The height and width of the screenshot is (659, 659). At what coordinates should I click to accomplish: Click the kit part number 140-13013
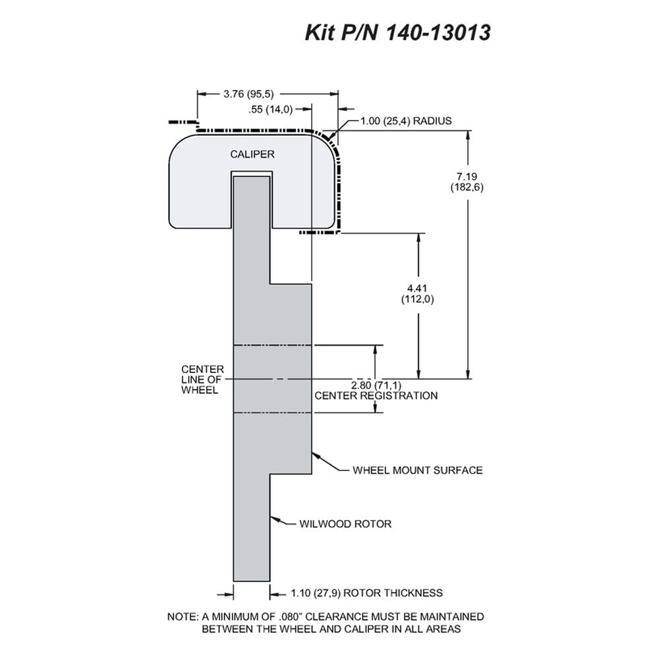(x=438, y=32)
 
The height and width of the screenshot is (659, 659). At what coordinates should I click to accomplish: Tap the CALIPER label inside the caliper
(x=252, y=154)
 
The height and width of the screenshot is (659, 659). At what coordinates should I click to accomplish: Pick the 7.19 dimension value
(x=467, y=177)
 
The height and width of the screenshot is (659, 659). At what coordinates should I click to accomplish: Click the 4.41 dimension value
(x=417, y=289)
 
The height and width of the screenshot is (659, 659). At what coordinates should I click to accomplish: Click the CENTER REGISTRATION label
(x=376, y=395)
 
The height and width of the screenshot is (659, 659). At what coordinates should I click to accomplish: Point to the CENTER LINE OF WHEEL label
(x=202, y=380)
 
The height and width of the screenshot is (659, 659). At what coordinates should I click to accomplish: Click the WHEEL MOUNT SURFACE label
(x=418, y=470)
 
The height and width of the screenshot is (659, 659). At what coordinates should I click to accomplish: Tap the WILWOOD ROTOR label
(x=345, y=524)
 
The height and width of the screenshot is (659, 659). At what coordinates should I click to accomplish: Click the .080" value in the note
(x=291, y=617)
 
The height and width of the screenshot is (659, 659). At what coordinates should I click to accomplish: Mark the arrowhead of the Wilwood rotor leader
(x=274, y=519)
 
